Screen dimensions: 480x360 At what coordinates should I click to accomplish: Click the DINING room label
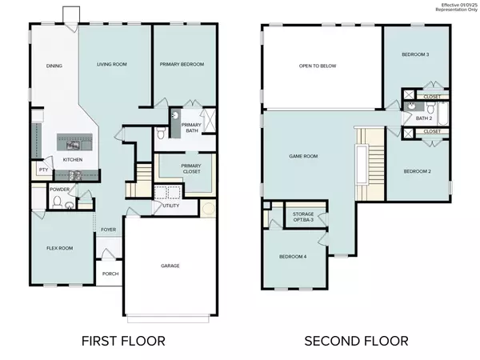point(54,66)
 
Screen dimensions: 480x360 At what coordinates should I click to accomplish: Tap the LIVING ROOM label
point(112,64)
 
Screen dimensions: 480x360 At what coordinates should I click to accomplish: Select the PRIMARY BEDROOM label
point(182,64)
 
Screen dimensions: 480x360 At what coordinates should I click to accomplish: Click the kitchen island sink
point(73,145)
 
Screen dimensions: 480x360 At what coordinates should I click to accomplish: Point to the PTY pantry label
point(43,170)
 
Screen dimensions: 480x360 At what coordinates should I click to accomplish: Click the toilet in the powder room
point(58,202)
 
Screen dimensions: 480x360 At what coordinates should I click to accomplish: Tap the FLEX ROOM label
point(60,248)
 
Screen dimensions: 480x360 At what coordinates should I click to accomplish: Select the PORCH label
point(110,274)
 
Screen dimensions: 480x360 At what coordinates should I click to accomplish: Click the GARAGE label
point(170,266)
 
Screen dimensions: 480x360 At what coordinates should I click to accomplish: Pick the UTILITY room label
point(171,206)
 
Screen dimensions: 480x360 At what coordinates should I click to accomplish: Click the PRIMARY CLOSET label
point(191,169)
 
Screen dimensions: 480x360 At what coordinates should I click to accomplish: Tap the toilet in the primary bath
point(161,133)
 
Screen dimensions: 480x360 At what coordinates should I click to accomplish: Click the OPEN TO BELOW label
point(318,66)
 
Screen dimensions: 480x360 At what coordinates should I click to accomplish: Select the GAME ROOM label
point(303,156)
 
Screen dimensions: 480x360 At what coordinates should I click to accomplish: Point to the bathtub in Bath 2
point(443,114)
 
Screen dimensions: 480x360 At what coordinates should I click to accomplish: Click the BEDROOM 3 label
point(415,54)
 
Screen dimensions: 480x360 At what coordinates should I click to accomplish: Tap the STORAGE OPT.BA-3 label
point(303,217)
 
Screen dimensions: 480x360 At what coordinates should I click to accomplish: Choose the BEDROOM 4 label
point(293,257)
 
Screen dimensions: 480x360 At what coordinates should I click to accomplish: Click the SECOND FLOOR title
point(356,341)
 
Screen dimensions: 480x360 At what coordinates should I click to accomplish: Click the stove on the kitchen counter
point(75,175)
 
